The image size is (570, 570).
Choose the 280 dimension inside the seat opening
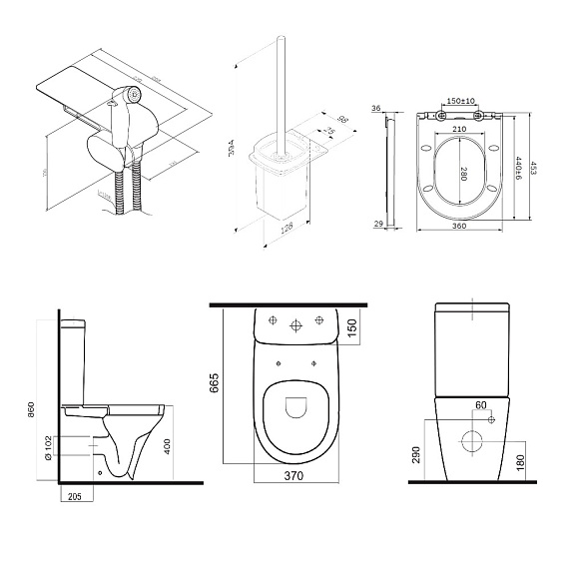point(465,171)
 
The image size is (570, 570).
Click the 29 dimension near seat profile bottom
point(378,225)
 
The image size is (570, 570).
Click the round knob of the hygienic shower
point(130,96)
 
